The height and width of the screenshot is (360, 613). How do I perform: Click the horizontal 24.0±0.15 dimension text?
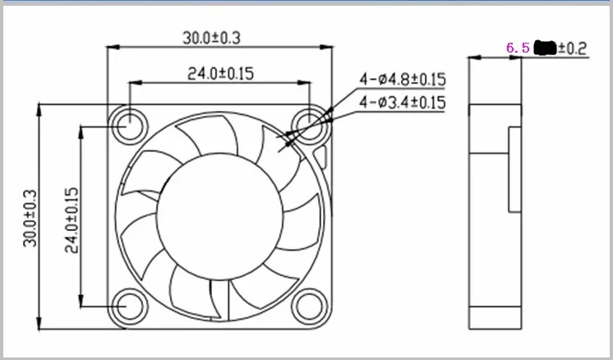[220, 73]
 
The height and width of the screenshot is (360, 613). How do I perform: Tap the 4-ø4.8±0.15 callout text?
[402, 80]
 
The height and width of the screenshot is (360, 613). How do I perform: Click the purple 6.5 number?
[518, 48]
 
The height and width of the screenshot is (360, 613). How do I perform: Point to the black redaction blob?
[545, 48]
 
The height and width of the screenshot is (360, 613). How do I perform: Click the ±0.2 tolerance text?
[572, 48]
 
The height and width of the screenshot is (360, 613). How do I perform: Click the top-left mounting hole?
[129, 126]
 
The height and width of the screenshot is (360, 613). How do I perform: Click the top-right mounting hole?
[311, 126]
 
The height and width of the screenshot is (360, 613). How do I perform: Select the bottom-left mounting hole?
[129, 306]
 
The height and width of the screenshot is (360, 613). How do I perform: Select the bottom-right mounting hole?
[311, 306]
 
